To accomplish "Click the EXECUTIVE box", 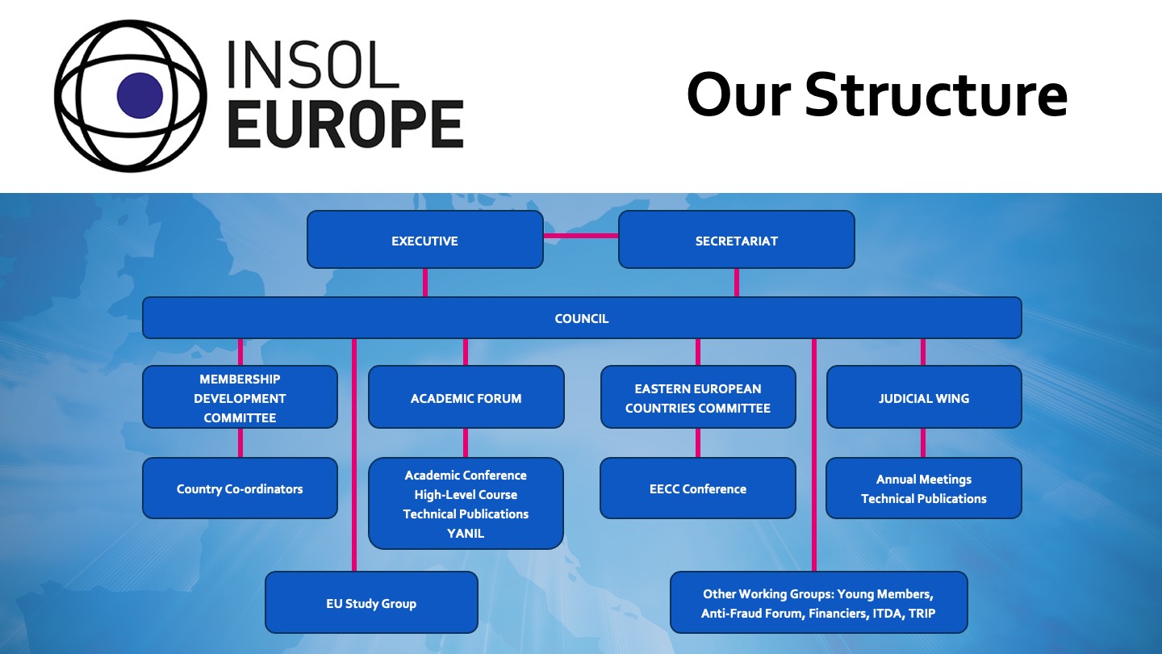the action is pyautogui.click(x=424, y=239).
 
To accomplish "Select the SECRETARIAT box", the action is pyautogui.click(x=737, y=239).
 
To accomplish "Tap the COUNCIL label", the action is pyautogui.click(x=582, y=319).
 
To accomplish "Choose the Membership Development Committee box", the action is pyautogui.click(x=240, y=397).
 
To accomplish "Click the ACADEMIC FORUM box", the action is pyautogui.click(x=466, y=397).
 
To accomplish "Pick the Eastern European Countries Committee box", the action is pyautogui.click(x=698, y=397).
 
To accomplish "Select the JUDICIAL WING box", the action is pyautogui.click(x=924, y=397).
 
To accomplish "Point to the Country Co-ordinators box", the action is pyautogui.click(x=240, y=488).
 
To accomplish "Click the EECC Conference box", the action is pyautogui.click(x=698, y=488).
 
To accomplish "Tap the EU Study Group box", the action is pyautogui.click(x=371, y=602).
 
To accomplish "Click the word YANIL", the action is pyautogui.click(x=466, y=534).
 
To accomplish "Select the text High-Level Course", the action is pyautogui.click(x=466, y=495).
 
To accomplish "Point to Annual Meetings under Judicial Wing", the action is pyautogui.click(x=924, y=479).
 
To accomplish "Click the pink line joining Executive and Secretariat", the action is pyautogui.click(x=581, y=236).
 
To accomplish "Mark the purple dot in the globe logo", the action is pyautogui.click(x=140, y=95).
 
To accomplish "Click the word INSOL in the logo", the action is pyautogui.click(x=313, y=65).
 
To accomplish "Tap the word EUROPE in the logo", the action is pyautogui.click(x=345, y=124).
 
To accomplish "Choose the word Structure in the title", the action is pyautogui.click(x=936, y=94).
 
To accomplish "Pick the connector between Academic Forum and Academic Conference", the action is pyautogui.click(x=466, y=442).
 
